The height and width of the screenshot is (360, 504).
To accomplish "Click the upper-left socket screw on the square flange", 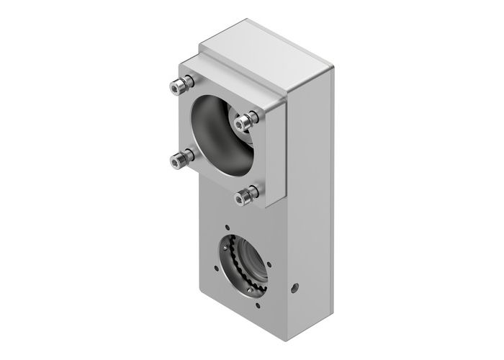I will coord(178,87).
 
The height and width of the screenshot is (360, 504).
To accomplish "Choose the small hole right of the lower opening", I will coord(272,266).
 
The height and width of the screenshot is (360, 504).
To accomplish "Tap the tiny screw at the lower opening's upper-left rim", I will coord(233,247).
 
